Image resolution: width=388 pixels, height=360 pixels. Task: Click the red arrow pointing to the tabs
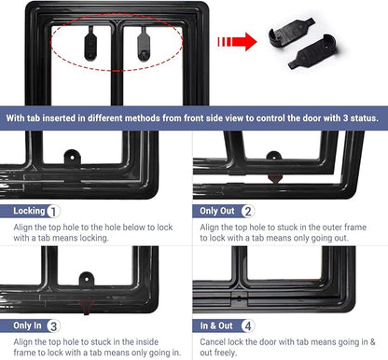[238, 42]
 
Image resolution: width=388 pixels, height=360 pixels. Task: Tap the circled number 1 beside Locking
[53, 212]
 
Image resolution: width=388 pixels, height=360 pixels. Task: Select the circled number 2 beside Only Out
[248, 212]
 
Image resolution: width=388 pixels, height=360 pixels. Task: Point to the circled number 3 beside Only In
[53, 326]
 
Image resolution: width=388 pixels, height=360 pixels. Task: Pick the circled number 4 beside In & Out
[248, 326]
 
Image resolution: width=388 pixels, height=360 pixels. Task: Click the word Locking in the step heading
[29, 211]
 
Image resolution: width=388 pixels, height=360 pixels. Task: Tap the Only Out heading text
[217, 211]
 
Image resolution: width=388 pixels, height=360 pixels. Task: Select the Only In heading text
[27, 325]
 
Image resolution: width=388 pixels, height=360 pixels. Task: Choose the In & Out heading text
[216, 325]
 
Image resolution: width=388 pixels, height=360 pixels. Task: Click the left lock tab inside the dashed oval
[90, 45]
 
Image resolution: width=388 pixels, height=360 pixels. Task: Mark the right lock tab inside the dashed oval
[144, 45]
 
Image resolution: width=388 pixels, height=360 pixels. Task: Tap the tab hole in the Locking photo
[72, 158]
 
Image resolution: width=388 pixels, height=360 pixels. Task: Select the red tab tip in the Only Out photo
[275, 179]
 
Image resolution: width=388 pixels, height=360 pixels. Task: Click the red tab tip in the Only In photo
[86, 307]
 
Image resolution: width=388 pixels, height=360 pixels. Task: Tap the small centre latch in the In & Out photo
[239, 298]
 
